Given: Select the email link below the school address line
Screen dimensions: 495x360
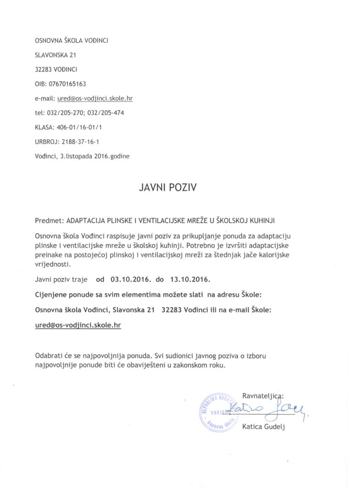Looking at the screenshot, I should [79, 324].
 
